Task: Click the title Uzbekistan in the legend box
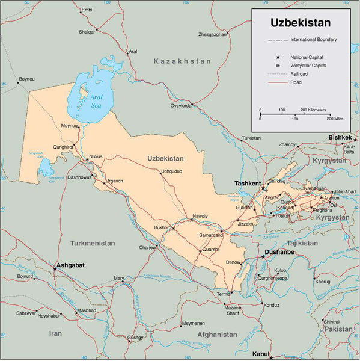[x=301, y=23]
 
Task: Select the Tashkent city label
[x=248, y=183]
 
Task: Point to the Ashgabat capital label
[x=70, y=265]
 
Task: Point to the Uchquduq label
[x=171, y=171]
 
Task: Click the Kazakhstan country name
[x=182, y=61]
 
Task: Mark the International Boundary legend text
[x=313, y=40]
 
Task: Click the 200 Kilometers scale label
[x=313, y=110]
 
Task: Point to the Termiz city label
[x=224, y=294]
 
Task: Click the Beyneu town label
[x=26, y=79]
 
